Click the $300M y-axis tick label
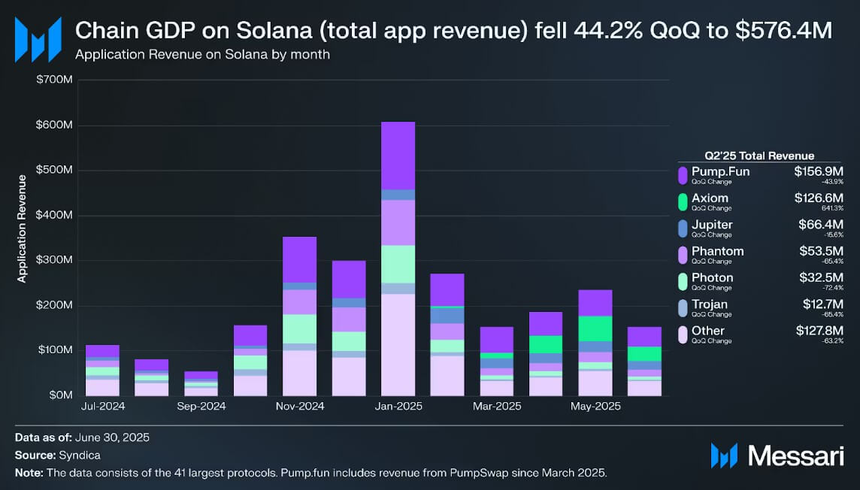point(54,260)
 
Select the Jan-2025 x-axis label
point(398,407)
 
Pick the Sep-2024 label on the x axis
point(201,407)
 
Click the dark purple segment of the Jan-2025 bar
point(398,156)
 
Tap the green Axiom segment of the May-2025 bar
point(595,328)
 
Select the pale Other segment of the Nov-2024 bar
point(299,373)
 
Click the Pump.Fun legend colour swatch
point(683,175)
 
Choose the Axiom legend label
point(710,198)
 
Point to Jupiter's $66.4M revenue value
point(819,225)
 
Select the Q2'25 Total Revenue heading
point(760,156)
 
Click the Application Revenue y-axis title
point(22,228)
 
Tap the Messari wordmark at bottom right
point(790,455)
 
